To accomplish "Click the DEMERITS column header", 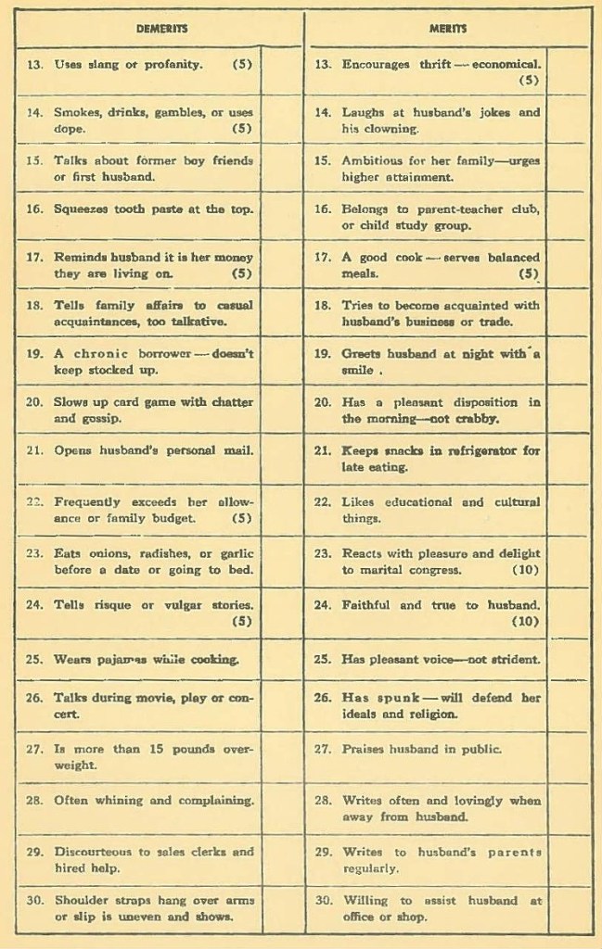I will pyautogui.click(x=161, y=28).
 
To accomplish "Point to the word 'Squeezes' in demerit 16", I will pyautogui.click(x=80, y=209).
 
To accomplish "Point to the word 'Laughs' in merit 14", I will pyautogui.click(x=363, y=112).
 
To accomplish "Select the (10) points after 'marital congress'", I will pyautogui.click(x=524, y=569).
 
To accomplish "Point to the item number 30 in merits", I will pyautogui.click(x=323, y=900).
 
